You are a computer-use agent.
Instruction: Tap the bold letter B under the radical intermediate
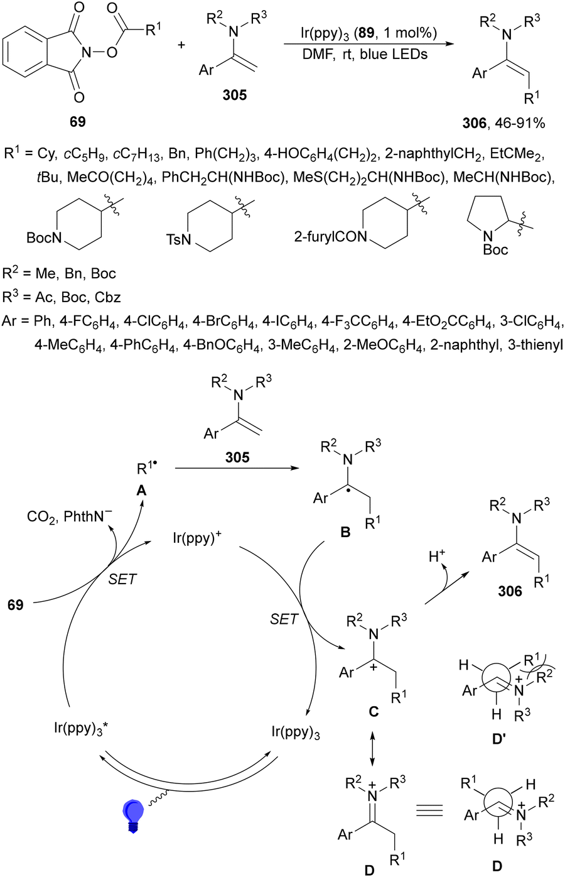(345, 533)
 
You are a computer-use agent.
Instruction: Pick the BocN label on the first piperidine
(41, 238)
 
